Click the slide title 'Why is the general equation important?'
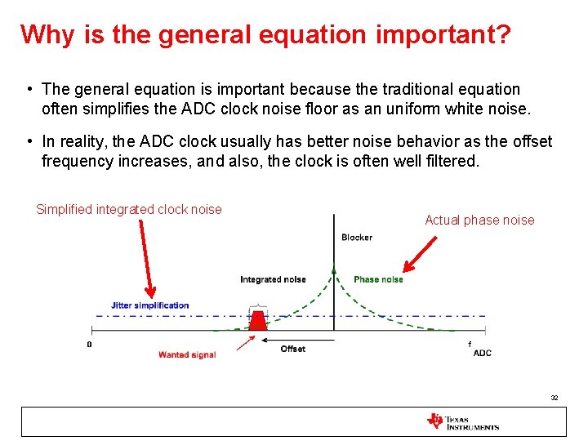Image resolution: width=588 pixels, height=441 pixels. (265, 35)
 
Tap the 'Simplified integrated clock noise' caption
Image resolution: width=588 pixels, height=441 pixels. (129, 210)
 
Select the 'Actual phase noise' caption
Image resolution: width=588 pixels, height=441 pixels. (479, 220)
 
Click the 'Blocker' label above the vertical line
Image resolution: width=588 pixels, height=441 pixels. (356, 238)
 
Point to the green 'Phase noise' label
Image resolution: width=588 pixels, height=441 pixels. (378, 279)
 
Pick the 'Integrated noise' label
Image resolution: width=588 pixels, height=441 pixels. (273, 279)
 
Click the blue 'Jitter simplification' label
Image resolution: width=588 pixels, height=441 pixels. (150, 305)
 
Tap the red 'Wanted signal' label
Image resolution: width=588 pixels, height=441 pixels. (186, 354)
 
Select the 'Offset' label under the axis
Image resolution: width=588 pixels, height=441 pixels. (292, 349)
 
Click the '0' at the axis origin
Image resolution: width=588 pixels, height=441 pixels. (90, 345)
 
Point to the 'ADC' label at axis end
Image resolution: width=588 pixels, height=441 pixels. (482, 353)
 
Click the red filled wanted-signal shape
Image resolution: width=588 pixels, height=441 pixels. (258, 321)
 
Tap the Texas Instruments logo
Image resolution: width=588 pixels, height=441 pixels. (462, 421)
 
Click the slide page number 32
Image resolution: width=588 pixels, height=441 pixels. (554, 398)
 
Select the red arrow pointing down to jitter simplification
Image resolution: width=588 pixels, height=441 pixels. (145, 257)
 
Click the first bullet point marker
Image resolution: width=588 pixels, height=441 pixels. (28, 89)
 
